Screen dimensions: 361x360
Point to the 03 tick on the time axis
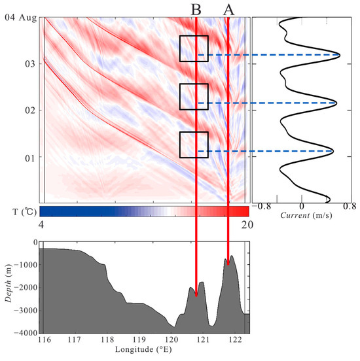30,63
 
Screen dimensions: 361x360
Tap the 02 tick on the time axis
30,110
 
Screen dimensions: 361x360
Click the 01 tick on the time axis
30,157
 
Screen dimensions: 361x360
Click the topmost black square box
194,48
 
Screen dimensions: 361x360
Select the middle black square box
194,96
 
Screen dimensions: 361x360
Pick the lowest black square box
194,145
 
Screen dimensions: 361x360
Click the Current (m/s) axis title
300,214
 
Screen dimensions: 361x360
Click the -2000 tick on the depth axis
24,287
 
